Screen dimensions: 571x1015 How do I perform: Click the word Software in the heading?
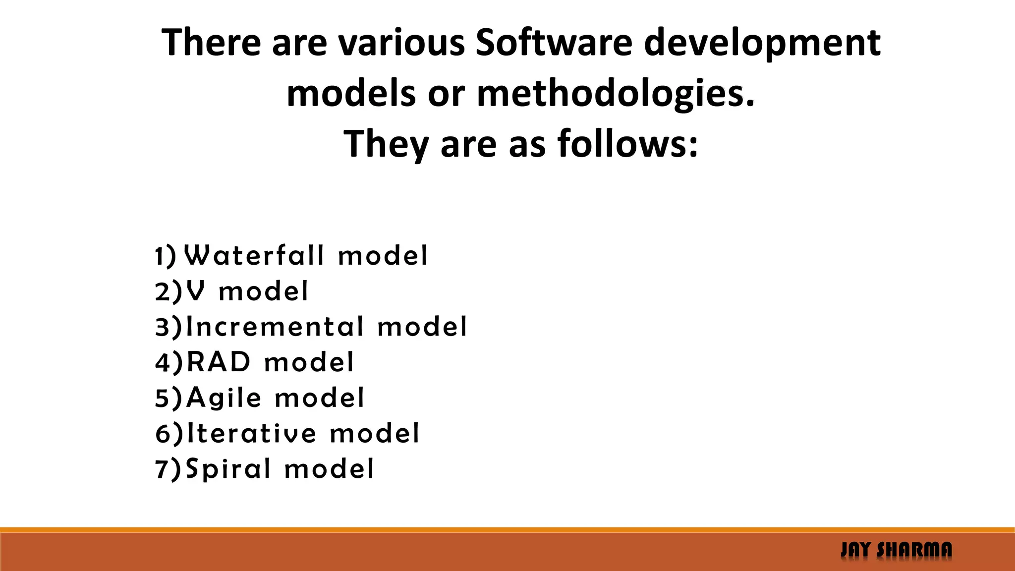[554, 43]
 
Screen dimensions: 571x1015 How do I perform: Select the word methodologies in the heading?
[616, 94]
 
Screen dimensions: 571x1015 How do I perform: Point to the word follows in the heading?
[628, 144]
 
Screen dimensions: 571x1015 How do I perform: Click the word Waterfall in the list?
[254, 256]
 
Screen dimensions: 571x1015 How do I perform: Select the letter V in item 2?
[196, 291]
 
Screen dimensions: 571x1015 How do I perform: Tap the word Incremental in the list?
[275, 327]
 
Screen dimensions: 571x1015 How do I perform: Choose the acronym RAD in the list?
[219, 362]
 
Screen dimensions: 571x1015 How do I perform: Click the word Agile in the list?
[224, 398]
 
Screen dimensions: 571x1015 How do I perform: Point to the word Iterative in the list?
[251, 433]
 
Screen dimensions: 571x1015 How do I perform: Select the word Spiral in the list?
[228, 469]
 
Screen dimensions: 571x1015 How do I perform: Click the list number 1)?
[166, 256]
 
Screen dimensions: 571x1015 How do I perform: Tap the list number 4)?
[169, 362]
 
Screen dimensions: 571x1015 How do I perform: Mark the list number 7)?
[169, 469]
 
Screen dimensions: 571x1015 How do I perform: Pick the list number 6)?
[169, 434]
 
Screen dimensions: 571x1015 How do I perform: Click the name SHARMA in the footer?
[914, 550]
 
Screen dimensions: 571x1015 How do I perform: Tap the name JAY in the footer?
[856, 550]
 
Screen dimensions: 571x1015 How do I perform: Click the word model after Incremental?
[422, 327]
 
